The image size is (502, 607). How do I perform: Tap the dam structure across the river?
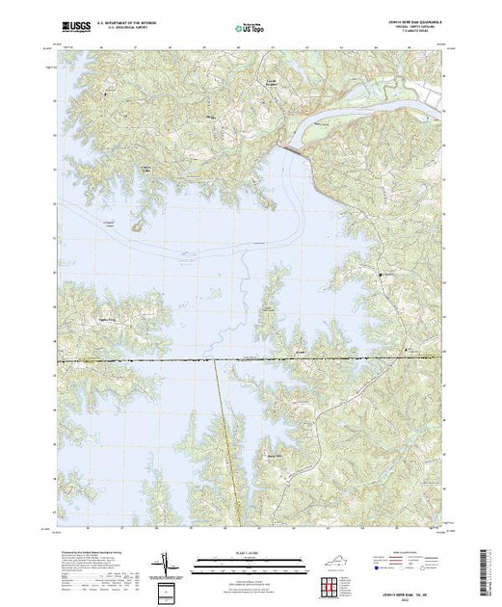pos(295,149)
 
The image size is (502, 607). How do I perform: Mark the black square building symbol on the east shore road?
pos(381,276)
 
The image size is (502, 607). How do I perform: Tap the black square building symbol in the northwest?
pos(104,95)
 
